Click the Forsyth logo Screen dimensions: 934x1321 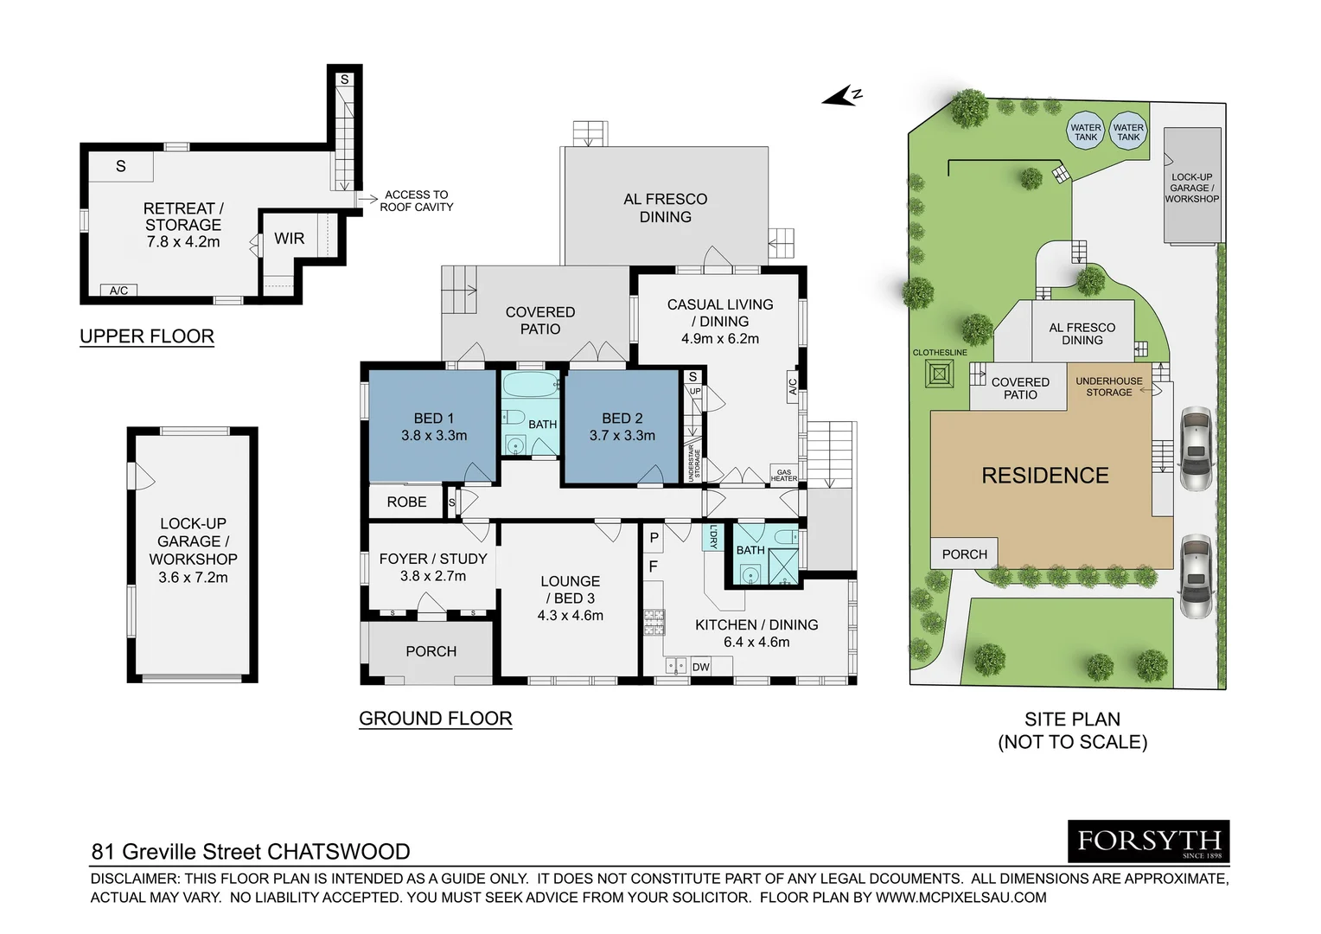1148,841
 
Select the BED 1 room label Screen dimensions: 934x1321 433,419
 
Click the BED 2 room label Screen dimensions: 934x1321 622,419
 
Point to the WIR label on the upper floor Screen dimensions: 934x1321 289,239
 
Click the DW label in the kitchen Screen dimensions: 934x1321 700,667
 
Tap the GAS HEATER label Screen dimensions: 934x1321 783,476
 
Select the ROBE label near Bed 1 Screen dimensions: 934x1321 406,502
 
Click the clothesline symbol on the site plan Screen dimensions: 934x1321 939,374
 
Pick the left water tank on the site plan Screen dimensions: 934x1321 1085,132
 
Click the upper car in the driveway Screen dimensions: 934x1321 1196,448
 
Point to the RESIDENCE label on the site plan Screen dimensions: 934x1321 1044,476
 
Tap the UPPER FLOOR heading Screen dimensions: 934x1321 147,336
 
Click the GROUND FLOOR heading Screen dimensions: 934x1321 435,719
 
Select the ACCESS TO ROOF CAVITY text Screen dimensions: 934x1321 416,201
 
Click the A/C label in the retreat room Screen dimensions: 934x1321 118,291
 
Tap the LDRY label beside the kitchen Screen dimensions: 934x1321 713,537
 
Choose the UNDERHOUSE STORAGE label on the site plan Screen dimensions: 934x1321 1108,387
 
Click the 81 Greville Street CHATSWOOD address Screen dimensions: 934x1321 251,852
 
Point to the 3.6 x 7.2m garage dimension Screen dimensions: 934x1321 193,578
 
